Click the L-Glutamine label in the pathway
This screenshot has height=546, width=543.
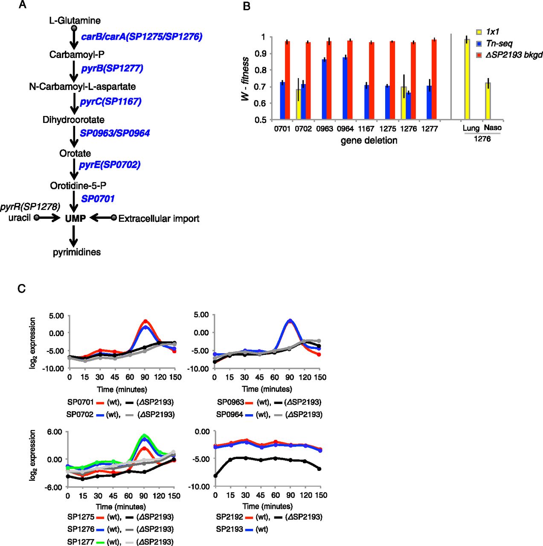click(75, 20)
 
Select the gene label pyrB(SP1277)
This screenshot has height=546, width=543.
click(112, 68)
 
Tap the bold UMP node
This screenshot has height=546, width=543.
click(75, 218)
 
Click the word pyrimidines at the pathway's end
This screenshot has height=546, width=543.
click(77, 252)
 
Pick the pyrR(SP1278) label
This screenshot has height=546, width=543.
click(30, 207)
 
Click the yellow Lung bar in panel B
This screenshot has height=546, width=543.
click(467, 79)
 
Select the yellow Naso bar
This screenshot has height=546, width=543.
click(488, 101)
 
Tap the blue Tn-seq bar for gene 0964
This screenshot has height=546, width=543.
click(345, 88)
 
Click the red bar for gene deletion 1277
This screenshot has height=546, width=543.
click(434, 79)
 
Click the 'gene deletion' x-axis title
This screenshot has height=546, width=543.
click(369, 140)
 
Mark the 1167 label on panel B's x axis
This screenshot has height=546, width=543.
click(366, 129)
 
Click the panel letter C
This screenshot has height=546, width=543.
click(21, 289)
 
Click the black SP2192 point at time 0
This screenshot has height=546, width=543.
click(215, 476)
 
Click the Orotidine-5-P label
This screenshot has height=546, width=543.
click(78, 186)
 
